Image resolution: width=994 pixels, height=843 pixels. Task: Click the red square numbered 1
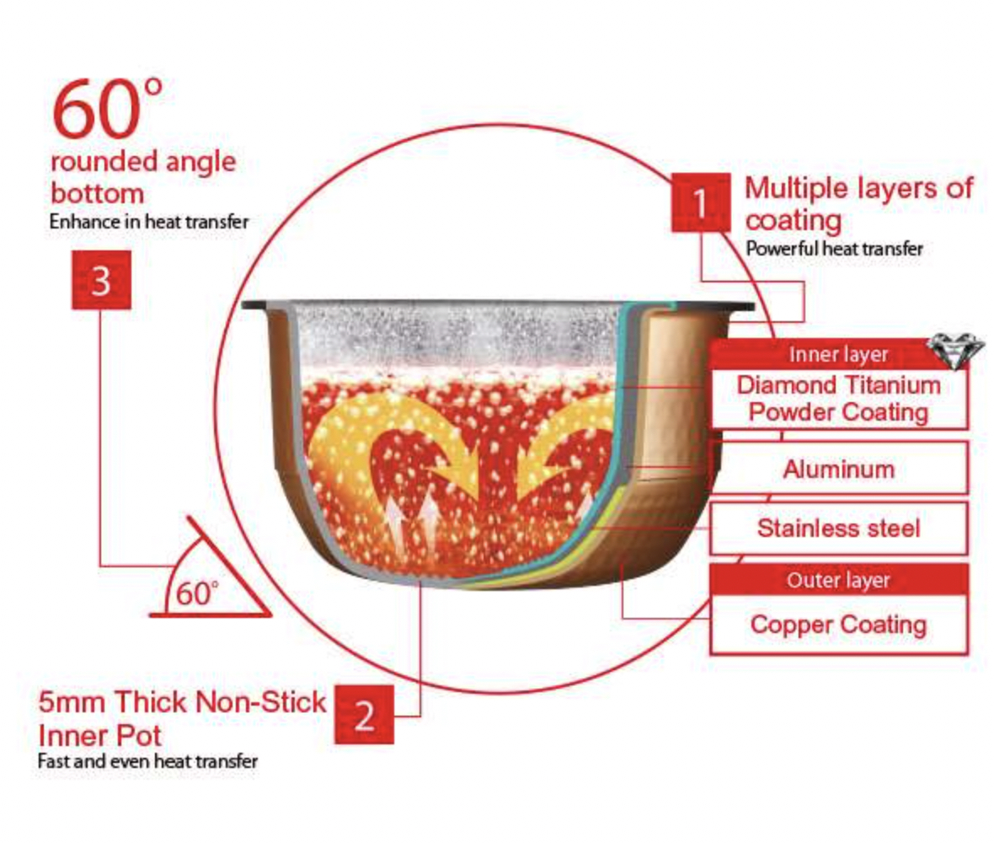coord(701,202)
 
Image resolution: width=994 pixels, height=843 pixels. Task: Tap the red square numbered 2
coord(364,714)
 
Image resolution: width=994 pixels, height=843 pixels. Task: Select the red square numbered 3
coord(101,280)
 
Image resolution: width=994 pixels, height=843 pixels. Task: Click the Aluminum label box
coord(839,469)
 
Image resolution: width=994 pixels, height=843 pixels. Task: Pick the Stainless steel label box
coord(839,529)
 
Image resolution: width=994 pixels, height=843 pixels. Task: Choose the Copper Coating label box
coord(839,625)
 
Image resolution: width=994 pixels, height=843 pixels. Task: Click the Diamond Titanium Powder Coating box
coord(839,399)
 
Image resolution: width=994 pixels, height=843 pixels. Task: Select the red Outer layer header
coord(839,580)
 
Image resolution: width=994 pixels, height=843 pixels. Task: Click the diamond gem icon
coord(956,350)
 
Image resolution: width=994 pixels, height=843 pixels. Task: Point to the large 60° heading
coord(107,108)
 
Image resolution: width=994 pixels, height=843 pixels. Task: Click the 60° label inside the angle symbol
coord(197,593)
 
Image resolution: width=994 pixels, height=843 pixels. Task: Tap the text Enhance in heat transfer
coord(149,222)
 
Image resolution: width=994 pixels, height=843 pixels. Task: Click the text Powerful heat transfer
coord(834,249)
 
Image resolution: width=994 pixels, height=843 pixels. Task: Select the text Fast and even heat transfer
coord(147,760)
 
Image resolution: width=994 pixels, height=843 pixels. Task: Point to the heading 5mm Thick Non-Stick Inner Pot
coord(182,718)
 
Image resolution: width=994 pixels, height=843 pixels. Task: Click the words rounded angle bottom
coord(143,177)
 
